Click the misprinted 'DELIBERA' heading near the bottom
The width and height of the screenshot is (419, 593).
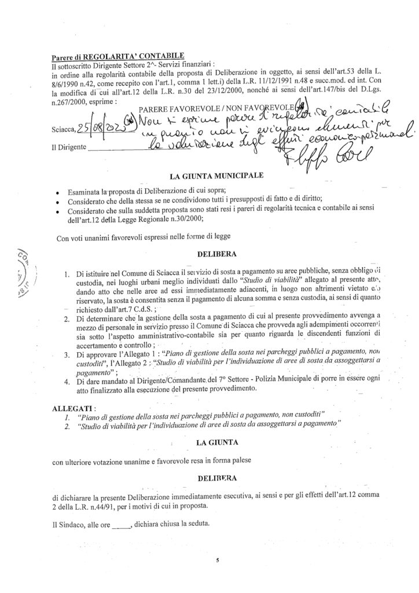(213, 479)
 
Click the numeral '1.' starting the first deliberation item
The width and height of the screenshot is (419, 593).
(68, 273)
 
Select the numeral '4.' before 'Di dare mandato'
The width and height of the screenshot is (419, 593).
(68, 379)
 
